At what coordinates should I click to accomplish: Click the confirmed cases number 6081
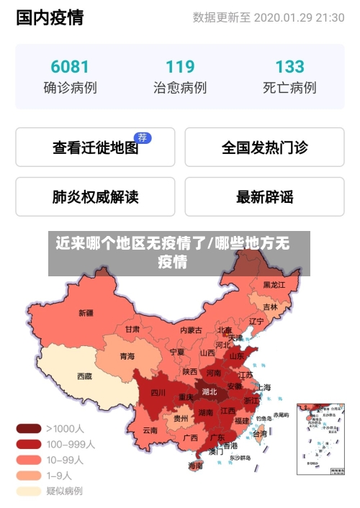pos(70,67)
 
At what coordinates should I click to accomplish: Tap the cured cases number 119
pos(180,67)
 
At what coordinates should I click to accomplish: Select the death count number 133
pos(289,67)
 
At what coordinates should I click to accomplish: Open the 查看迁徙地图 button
pos(95,148)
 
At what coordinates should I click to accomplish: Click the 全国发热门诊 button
pos(264,148)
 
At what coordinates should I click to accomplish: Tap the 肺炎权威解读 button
pos(95,196)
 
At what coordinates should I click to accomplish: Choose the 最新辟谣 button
pos(264,196)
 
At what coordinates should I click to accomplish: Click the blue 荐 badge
pos(143,137)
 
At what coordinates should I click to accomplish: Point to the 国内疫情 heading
pos(50,18)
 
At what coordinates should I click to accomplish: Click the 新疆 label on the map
pos(86,313)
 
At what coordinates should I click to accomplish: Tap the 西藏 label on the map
pos(84,376)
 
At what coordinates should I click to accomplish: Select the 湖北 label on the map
pos(210,392)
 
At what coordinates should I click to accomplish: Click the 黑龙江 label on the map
pos(274,285)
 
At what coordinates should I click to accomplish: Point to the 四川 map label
pos(158,393)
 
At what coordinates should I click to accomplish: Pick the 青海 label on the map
pos(127,355)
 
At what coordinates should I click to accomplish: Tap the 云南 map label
pos(150,430)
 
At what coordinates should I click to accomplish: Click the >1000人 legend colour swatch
pos(29,428)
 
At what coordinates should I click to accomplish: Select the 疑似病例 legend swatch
pos(29,491)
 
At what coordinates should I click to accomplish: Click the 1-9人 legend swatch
pos(29,475)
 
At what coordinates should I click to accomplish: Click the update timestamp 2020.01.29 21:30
pos(299,18)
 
